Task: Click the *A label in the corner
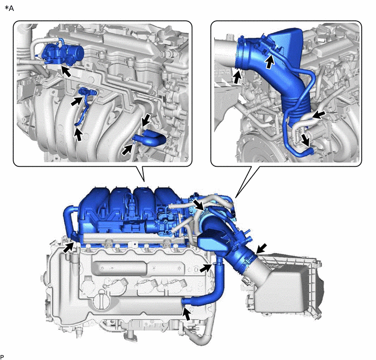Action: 9,8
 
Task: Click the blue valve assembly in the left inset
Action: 63,53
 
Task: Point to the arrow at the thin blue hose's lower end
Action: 78,135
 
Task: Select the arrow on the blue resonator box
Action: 270,61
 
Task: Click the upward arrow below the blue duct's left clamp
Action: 237,77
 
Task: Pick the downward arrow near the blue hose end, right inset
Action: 305,140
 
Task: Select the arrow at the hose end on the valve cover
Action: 187,313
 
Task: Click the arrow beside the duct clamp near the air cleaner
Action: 261,248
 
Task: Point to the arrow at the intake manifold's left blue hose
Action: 69,247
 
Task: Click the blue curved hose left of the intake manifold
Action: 68,221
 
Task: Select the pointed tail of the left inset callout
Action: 144,181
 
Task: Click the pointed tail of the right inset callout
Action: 236,198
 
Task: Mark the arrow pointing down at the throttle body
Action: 199,205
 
